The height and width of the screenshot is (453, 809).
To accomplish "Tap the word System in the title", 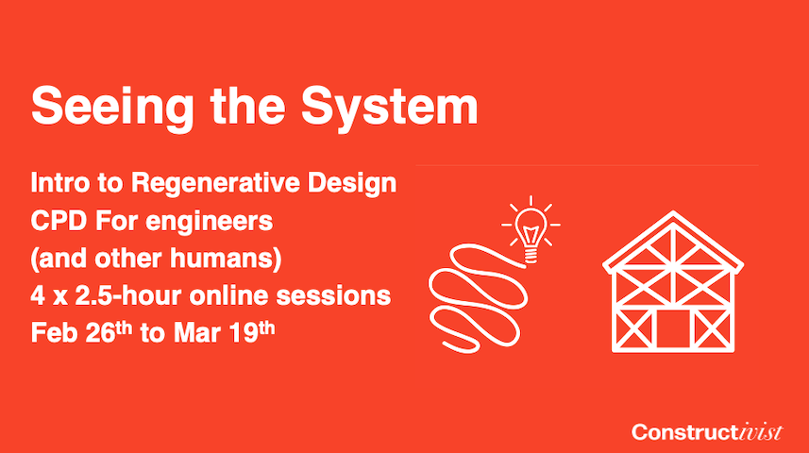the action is click(x=390, y=108).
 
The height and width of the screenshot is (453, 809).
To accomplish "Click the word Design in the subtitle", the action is click(x=352, y=184).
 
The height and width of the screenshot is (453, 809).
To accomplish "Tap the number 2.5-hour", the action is click(x=129, y=296).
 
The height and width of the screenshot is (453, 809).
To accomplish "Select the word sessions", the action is click(x=333, y=296).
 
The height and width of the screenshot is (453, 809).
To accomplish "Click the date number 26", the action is click(x=100, y=333).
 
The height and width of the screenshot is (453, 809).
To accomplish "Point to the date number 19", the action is click(x=244, y=333).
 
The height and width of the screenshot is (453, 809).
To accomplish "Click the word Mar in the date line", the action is click(x=197, y=333).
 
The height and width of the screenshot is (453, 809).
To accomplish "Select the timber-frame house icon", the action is click(x=673, y=281).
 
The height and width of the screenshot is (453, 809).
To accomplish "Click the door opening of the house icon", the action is click(x=673, y=328).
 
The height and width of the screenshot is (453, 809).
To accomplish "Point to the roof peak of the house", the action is click(x=673, y=212).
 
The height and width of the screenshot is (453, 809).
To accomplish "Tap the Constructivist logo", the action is click(x=707, y=432).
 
